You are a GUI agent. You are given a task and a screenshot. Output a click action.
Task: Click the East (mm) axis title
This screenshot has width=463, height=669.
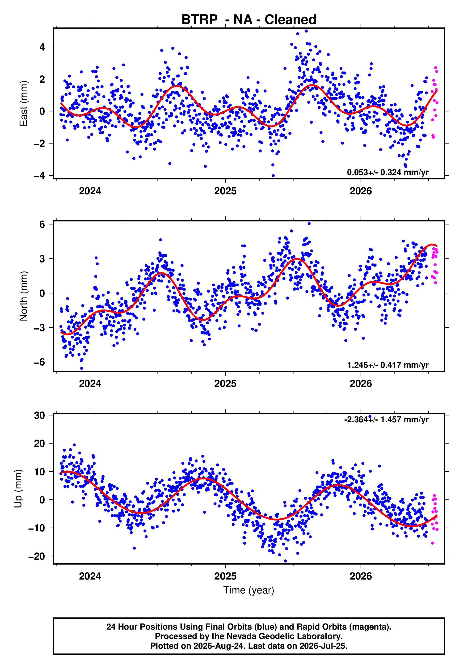24,103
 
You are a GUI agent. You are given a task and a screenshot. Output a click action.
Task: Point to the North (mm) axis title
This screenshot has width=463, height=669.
24,296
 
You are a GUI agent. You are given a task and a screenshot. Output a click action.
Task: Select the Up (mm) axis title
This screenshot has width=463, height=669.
18,489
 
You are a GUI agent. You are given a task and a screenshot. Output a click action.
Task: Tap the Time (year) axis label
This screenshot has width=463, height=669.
249,590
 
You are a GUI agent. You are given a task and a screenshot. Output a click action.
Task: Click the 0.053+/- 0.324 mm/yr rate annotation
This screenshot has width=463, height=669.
387,172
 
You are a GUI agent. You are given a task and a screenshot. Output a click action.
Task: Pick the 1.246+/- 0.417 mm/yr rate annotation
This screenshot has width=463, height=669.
387,365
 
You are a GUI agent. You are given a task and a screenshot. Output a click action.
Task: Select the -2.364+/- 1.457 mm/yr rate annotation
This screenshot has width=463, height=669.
386,419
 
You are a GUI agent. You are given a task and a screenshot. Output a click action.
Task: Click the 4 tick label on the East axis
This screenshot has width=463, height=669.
42,47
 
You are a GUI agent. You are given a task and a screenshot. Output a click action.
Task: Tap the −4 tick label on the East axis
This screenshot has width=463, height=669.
39,176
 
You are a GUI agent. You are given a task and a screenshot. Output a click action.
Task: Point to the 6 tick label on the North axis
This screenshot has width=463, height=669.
42,224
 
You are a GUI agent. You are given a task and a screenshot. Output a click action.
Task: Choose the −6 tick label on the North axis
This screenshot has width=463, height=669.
39,362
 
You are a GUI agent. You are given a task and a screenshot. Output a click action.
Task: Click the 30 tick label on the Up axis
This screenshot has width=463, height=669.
39,415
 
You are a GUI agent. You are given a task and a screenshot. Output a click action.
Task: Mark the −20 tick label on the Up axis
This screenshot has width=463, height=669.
37,556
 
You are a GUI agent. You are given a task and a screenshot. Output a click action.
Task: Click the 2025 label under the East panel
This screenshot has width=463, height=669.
225,191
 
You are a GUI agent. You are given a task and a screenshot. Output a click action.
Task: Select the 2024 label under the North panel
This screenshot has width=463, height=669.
90,384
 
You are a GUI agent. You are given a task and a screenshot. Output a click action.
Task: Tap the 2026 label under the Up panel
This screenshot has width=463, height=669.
361,576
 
